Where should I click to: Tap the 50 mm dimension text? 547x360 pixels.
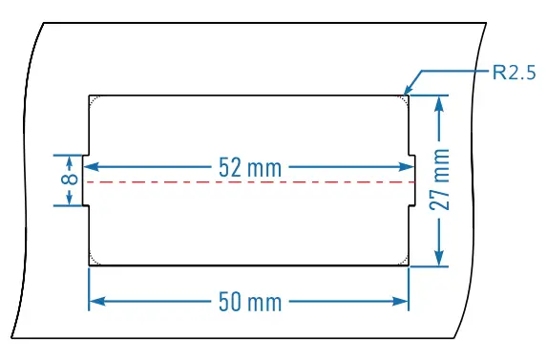250,302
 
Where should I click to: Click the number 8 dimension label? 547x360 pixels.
68,180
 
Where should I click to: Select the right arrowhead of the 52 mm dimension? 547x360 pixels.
410,167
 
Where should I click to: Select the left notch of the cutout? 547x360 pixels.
85,180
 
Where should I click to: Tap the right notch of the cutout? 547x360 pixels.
412,180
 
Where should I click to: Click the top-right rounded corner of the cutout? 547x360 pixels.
404,98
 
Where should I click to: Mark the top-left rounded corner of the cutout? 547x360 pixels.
93,98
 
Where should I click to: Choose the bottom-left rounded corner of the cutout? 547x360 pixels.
93,262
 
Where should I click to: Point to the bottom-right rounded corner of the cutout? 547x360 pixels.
404,262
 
